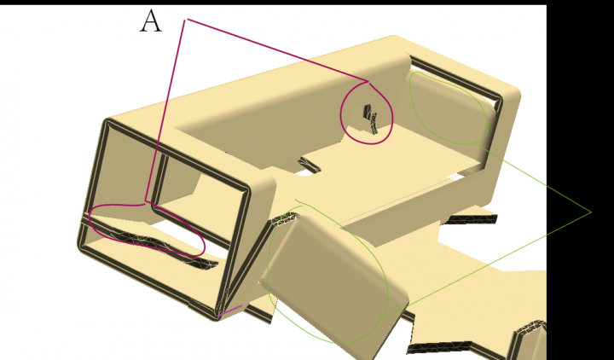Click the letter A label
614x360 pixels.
point(151,21)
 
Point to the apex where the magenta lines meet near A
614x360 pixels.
point(186,19)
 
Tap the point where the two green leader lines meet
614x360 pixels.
point(590,212)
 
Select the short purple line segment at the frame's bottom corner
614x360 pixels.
point(230,311)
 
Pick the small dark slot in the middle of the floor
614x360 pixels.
point(310,164)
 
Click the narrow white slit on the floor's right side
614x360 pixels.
point(455,177)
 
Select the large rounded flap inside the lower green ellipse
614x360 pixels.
point(333,274)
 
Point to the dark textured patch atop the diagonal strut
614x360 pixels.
point(285,218)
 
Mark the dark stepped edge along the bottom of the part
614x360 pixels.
point(438,347)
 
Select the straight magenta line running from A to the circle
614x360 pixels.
point(277,50)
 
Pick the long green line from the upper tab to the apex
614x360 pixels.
point(532,177)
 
